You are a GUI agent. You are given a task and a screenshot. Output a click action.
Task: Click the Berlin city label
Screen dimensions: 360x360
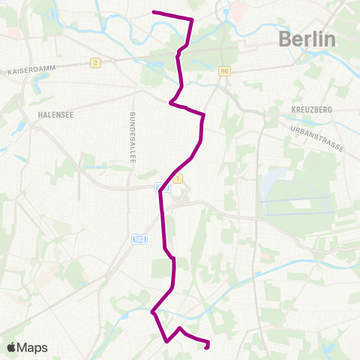click(307, 39)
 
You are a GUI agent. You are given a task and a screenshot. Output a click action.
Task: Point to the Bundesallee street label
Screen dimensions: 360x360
click(132, 139)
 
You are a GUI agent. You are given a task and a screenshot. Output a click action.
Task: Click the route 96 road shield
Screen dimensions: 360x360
click(224, 71)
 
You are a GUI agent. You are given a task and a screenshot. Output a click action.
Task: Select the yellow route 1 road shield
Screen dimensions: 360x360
click(178, 178)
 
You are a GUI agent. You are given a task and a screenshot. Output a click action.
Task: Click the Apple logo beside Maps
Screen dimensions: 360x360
click(11, 347)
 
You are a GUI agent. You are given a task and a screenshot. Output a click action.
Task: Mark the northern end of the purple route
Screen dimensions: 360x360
click(154, 12)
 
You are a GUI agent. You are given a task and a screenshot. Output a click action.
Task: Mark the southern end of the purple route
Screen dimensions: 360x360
click(206, 346)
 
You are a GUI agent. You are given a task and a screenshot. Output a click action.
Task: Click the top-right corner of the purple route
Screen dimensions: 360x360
click(192, 19)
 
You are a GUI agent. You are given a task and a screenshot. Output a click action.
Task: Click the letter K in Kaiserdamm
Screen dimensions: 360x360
click(9, 73)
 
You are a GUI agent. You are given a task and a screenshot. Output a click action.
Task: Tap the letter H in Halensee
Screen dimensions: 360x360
click(37, 115)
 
